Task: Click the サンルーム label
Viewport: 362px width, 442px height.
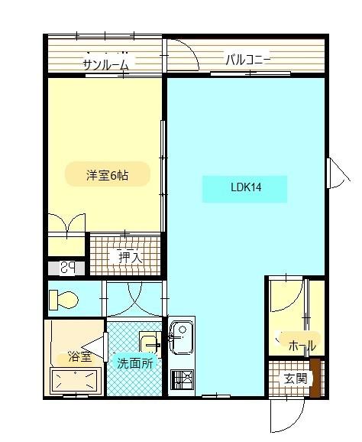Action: (106, 64)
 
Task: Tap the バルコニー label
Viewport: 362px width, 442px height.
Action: (247, 59)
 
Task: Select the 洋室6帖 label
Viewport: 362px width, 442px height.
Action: (107, 175)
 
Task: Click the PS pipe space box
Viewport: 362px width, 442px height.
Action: (68, 268)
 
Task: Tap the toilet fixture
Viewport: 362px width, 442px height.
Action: (64, 300)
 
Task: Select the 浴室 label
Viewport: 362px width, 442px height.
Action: (79, 357)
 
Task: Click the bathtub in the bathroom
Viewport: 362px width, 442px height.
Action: (75, 381)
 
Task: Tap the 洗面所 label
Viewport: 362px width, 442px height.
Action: (134, 362)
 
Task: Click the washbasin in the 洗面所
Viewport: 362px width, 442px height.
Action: (149, 343)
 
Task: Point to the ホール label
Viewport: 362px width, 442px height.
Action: (301, 345)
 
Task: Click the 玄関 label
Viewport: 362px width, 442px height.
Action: (294, 379)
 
